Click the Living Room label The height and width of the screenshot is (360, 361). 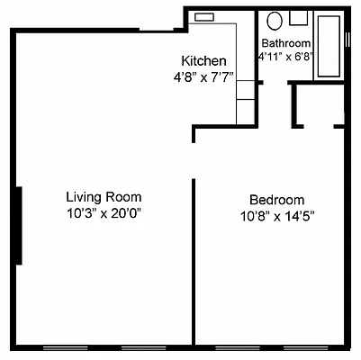[104, 196]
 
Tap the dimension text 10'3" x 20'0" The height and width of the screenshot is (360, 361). [104, 213]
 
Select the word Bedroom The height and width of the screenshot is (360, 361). [276, 199]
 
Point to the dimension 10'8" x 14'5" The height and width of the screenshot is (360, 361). [276, 216]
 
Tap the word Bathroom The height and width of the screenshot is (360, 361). [286, 42]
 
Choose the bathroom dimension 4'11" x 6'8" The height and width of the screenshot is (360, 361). [286, 55]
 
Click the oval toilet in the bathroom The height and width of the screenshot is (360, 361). [276, 20]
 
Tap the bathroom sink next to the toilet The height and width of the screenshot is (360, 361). [299, 17]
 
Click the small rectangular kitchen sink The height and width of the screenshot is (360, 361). [203, 16]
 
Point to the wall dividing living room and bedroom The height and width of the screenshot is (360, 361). [194, 261]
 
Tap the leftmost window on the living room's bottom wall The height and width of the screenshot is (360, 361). [68, 346]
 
